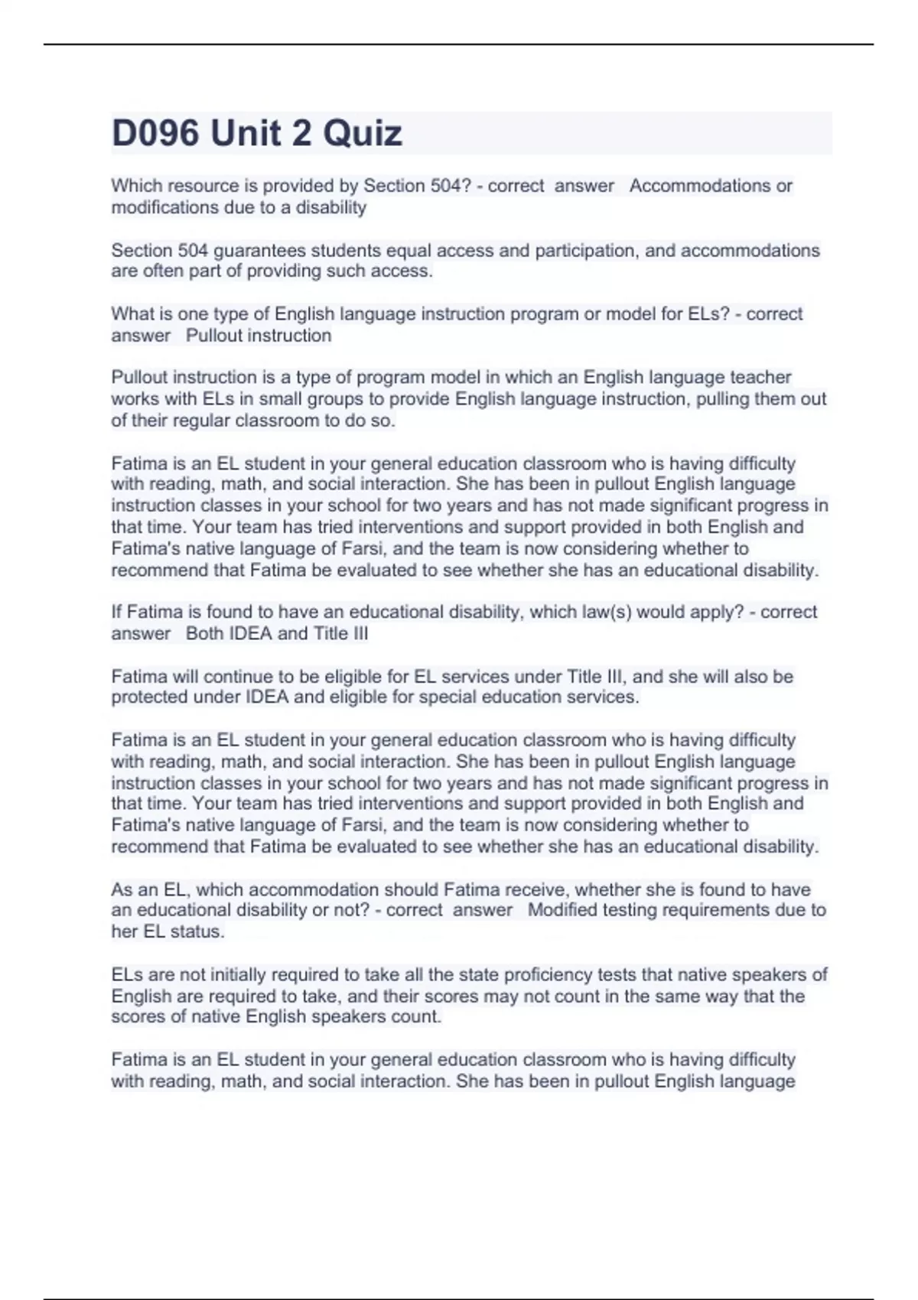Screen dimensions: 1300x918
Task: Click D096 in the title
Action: [155, 134]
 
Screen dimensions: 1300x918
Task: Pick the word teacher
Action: [760, 378]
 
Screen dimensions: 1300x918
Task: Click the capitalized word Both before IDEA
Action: [204, 634]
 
